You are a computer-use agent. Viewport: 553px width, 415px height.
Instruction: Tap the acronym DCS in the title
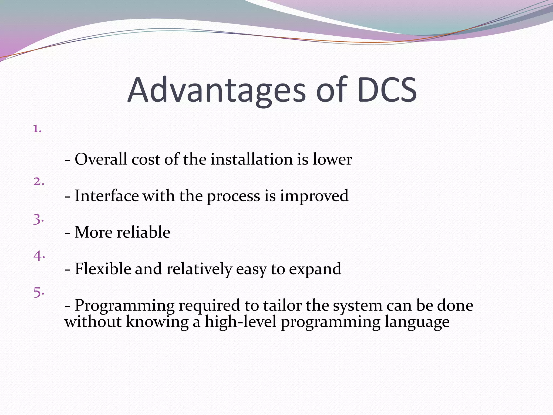coord(387,90)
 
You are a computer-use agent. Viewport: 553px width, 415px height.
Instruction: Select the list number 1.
coord(37,129)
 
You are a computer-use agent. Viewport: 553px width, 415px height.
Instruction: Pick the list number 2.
coord(39,182)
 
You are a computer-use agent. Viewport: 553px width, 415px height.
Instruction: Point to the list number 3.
coord(38,219)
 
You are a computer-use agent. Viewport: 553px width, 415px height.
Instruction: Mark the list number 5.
coord(39,292)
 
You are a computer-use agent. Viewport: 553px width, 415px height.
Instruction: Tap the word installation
coord(252,159)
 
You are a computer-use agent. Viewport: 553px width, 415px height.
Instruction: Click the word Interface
coord(107,196)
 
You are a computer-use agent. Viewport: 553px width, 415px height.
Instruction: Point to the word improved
coord(314,196)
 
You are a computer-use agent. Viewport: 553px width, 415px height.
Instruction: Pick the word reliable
coord(143,232)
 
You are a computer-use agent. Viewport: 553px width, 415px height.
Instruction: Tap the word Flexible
coord(103,269)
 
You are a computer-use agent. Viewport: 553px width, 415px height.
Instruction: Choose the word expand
coord(315,269)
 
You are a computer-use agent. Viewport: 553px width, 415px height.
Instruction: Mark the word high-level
coord(241,322)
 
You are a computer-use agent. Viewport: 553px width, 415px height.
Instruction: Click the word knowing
coord(157,322)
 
